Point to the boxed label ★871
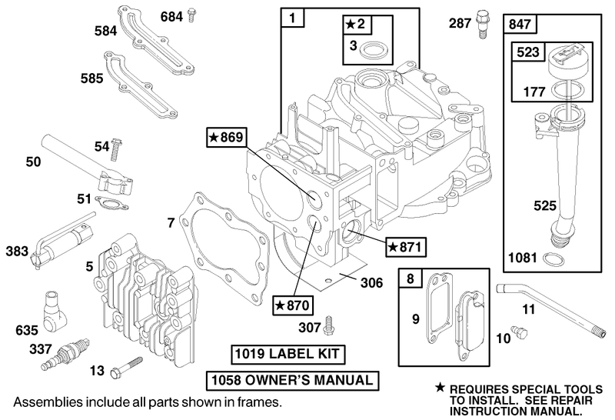[x=405, y=246]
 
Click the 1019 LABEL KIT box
[x=287, y=355]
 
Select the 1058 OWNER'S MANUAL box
[x=291, y=380]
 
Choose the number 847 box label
[x=520, y=25]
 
